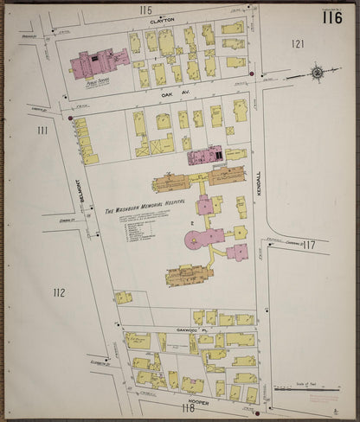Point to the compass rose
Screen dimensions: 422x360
(318, 73)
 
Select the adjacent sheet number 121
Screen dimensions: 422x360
(299, 43)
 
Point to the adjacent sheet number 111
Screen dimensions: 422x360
(42, 131)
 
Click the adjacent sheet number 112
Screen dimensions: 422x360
(58, 292)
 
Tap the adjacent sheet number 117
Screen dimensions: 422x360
(310, 245)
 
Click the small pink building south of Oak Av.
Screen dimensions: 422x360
(206, 157)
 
